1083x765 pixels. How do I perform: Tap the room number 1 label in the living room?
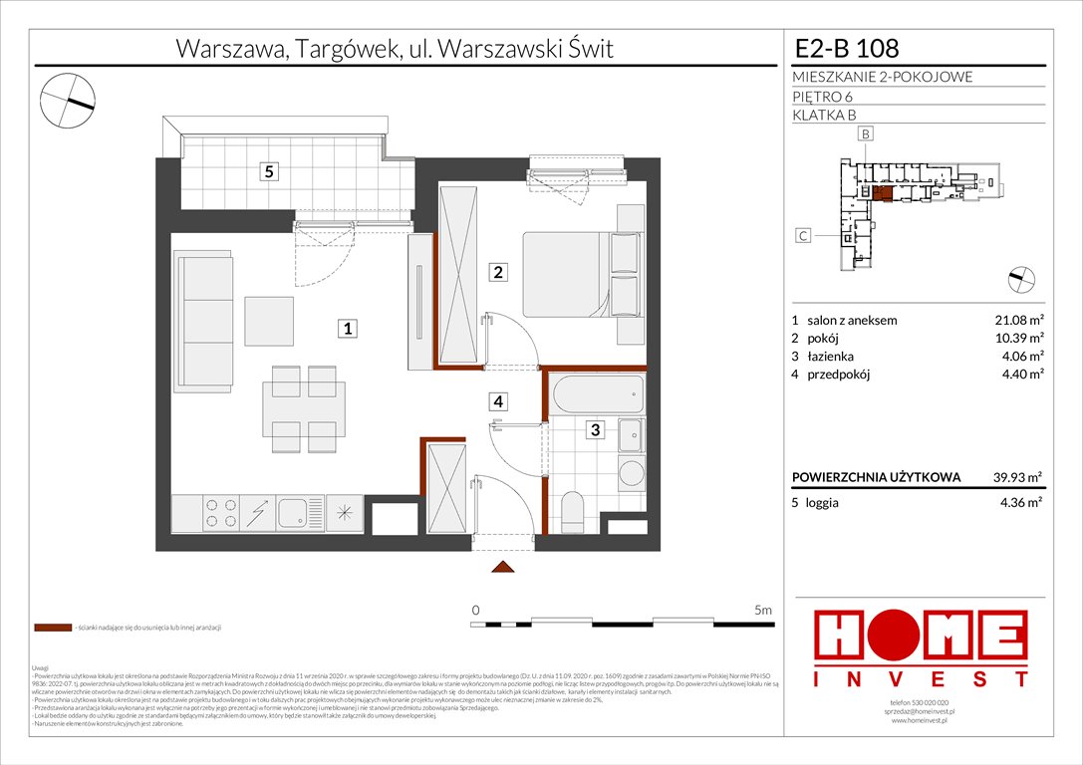point(346,328)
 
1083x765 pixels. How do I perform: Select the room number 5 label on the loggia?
point(268,171)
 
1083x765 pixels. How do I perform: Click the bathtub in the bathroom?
point(596,393)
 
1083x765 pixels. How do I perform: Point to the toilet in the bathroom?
point(573,510)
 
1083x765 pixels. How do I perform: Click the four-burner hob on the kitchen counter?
point(220,512)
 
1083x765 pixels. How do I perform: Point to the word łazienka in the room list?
point(831,357)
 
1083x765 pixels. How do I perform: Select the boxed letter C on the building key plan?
point(801,236)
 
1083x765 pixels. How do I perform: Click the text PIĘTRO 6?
point(822,96)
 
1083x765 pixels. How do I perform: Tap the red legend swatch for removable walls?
point(52,629)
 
